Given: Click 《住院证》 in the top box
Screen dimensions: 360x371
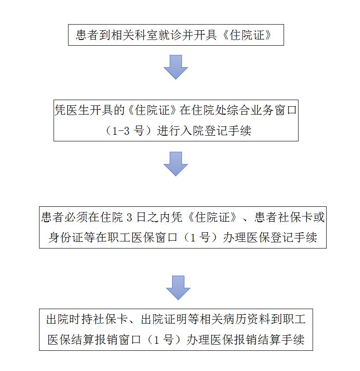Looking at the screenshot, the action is (247, 35).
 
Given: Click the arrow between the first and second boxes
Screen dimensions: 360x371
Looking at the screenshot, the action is (176, 67).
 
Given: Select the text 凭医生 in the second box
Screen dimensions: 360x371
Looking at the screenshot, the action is (72, 110).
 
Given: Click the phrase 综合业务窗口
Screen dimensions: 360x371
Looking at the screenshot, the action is (262, 110).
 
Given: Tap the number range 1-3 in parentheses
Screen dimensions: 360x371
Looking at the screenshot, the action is (121, 131).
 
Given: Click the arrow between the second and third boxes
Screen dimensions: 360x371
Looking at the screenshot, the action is (176, 164).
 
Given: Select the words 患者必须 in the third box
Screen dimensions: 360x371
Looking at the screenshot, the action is (65, 217).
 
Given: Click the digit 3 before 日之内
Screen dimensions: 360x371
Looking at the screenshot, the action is (129, 217).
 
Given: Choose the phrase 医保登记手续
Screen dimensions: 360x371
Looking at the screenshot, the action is (282, 238).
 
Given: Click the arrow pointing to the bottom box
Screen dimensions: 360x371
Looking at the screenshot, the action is (178, 288).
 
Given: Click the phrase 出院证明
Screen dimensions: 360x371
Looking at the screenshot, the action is (164, 319).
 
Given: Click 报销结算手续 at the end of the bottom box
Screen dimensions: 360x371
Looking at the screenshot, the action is (269, 340).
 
